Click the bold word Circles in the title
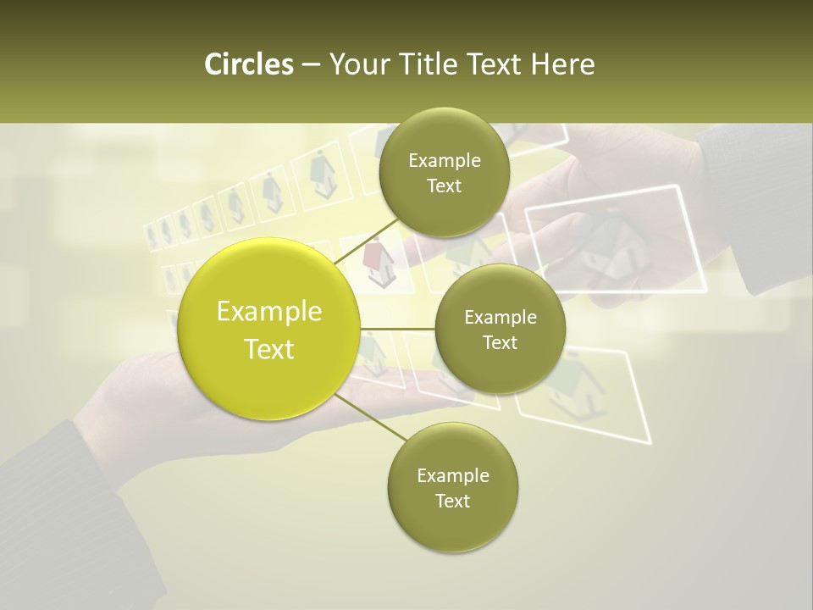click(x=248, y=64)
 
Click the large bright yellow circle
click(x=269, y=329)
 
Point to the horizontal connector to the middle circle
click(x=398, y=329)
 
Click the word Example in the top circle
click(x=445, y=161)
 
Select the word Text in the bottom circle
click(x=452, y=501)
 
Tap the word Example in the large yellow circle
click(x=269, y=311)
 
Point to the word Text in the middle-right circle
click(x=500, y=342)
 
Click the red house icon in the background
click(x=379, y=261)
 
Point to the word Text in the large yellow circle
click(x=269, y=349)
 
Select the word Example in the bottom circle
click(x=453, y=475)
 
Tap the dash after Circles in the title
click(x=310, y=64)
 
